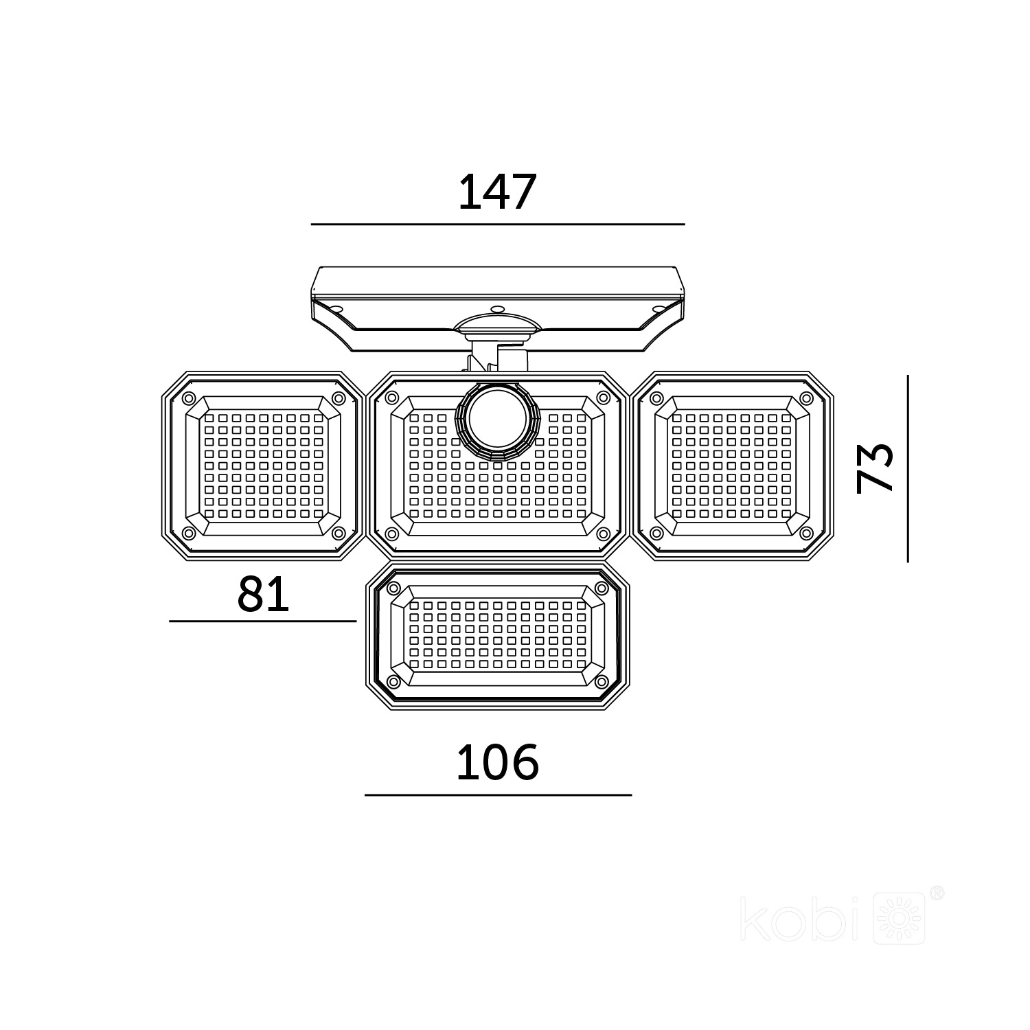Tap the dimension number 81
[264, 594]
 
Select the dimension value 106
[498, 762]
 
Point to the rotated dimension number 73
[875, 468]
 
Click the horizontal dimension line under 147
[498, 224]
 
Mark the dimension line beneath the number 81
[263, 621]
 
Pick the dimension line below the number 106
[498, 794]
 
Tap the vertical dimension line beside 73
[908, 468]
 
